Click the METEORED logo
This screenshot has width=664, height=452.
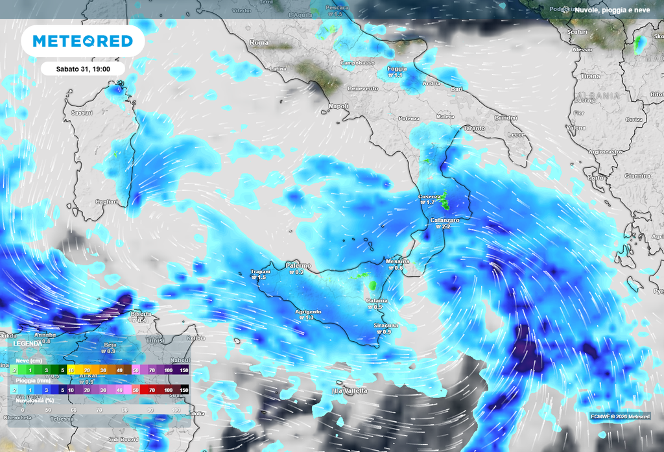pos(82,41)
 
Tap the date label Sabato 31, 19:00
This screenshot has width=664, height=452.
pos(83,67)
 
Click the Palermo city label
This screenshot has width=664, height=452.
pos(298,266)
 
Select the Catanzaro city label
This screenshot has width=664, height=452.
pos(445,220)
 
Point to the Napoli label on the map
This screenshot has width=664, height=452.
pos(338,106)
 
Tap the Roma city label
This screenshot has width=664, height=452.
pos(259,42)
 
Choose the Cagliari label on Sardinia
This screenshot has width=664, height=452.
pos(107,202)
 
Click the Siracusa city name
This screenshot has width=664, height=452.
pos(386,325)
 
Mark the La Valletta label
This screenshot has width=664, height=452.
pos(350,390)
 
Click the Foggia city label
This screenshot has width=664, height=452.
pos(397,69)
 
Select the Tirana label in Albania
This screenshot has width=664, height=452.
pos(590,77)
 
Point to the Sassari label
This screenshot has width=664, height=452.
pos(82,113)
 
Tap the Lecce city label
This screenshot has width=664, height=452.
pos(516,134)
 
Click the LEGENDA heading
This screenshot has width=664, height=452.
pos(28,343)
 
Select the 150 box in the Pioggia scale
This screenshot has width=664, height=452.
pos(184,390)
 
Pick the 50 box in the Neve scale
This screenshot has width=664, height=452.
pos(136,369)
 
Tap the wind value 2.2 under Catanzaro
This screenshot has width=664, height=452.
pos(443,227)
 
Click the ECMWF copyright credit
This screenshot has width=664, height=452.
pos(621,416)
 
